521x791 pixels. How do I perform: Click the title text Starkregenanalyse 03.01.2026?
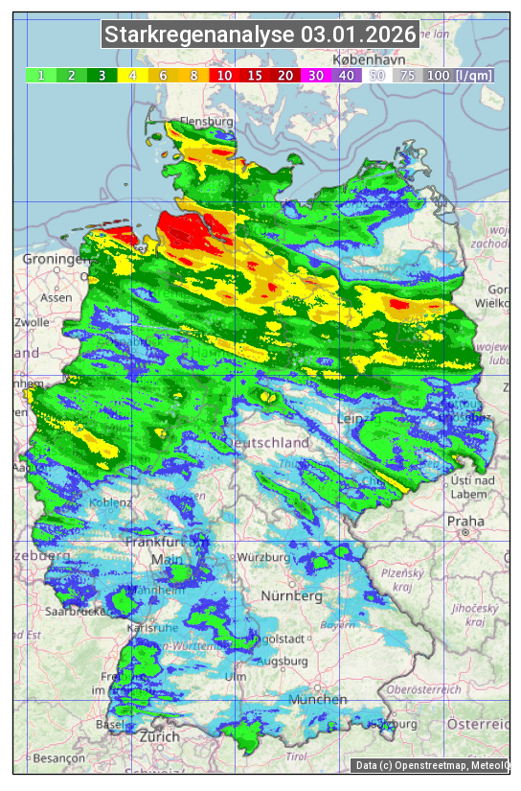pyautogui.click(x=260, y=35)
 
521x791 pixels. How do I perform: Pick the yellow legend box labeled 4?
pyautogui.click(x=132, y=75)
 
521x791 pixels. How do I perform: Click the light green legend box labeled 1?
pyautogui.click(x=41, y=75)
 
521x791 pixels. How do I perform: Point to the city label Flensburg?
pyautogui.click(x=206, y=123)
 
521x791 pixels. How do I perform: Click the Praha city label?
pyautogui.click(x=464, y=521)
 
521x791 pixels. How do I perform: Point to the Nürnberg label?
pyautogui.click(x=292, y=596)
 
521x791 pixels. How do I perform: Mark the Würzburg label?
pyautogui.click(x=263, y=557)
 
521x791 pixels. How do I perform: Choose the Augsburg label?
pyautogui.click(x=283, y=661)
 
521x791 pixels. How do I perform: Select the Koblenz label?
pyautogui.click(x=109, y=503)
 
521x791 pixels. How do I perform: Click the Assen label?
pyautogui.click(x=57, y=297)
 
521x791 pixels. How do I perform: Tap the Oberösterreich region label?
pyautogui.click(x=424, y=689)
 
